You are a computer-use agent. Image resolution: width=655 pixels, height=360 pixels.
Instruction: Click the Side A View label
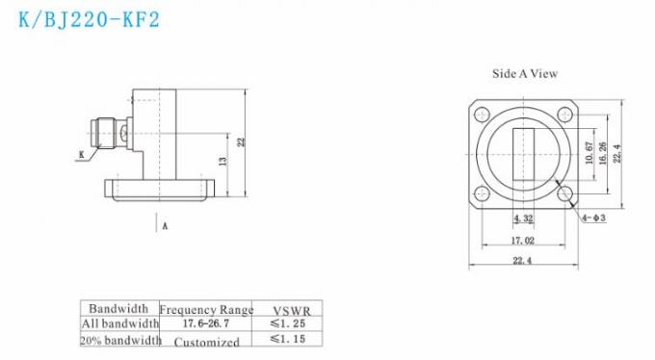pos(525,73)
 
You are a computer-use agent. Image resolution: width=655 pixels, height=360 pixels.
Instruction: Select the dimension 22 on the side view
pos(242,141)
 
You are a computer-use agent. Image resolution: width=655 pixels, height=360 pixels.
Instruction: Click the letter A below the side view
pos(165,226)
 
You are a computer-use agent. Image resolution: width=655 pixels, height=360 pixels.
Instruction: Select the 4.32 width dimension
pos(523,219)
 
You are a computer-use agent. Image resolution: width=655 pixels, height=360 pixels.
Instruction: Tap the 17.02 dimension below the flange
pos(523,242)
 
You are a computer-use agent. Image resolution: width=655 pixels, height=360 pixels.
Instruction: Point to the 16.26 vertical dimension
pos(603,153)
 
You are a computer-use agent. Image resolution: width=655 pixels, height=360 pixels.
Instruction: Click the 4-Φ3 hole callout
pos(592,219)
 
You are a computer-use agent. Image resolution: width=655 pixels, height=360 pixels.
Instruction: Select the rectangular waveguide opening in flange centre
pos(523,154)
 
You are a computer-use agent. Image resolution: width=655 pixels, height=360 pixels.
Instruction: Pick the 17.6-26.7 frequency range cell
pos(206,324)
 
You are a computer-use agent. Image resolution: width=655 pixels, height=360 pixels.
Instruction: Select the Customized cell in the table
pos(206,341)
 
